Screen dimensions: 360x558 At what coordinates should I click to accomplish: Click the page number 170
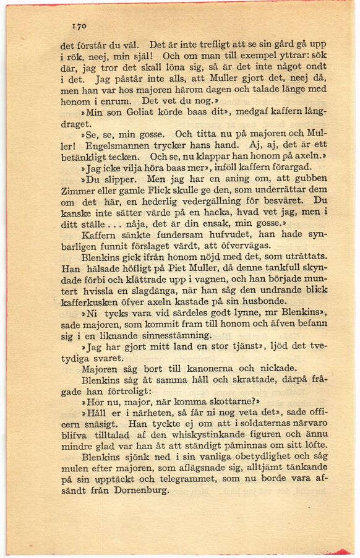[x=78, y=26]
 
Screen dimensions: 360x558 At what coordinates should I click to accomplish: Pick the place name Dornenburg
[x=140, y=490]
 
